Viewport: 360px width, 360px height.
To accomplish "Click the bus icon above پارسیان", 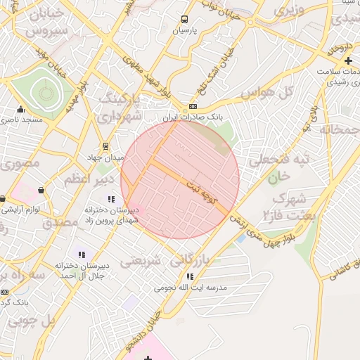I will (185, 20).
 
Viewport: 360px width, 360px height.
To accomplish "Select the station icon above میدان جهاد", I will (105, 146).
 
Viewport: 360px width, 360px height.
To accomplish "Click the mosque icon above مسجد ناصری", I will (20, 109).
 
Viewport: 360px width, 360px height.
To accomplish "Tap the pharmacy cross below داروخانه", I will (349, 60).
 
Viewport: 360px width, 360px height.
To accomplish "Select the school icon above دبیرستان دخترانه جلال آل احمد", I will (82, 255).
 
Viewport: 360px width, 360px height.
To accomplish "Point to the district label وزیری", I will (288, 11).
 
